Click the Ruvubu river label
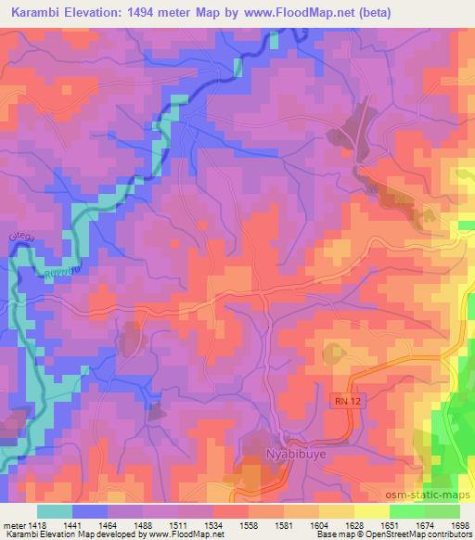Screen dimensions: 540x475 [58, 272]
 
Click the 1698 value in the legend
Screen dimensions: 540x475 [459, 524]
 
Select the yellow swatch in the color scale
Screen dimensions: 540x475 [371, 510]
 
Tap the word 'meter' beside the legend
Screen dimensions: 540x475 [14, 524]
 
